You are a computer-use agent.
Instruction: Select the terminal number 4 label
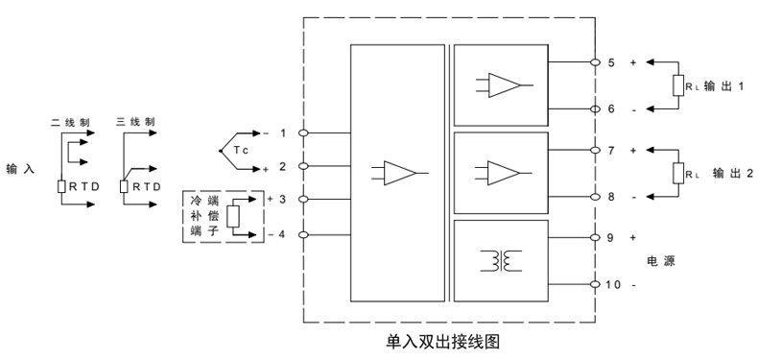pos(281,234)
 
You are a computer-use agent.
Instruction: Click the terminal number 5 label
pos(611,62)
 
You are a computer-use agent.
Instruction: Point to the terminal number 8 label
pos(611,196)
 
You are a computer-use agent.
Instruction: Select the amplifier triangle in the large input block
pos(402,173)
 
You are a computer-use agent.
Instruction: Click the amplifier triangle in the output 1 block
pos(504,84)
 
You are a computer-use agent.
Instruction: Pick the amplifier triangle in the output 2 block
pos(504,172)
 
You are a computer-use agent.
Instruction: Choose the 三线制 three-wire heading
pos(134,122)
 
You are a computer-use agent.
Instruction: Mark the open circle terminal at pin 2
pos(304,167)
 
